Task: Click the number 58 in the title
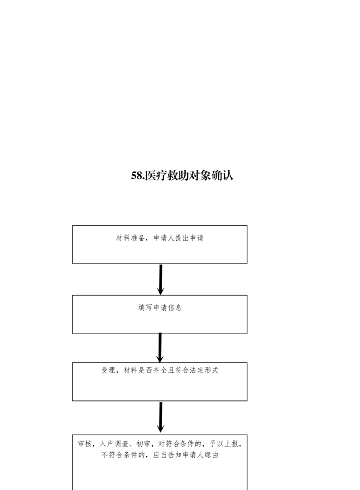click(x=137, y=176)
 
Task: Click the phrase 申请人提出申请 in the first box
click(x=179, y=238)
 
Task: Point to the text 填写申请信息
click(x=160, y=308)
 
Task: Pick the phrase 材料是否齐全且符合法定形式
click(x=171, y=370)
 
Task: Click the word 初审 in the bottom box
click(x=144, y=444)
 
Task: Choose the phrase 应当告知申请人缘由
click(x=185, y=455)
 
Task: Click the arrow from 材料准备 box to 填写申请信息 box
click(x=161, y=280)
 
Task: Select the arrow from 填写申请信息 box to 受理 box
click(x=160, y=347)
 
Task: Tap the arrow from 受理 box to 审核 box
click(x=161, y=417)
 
